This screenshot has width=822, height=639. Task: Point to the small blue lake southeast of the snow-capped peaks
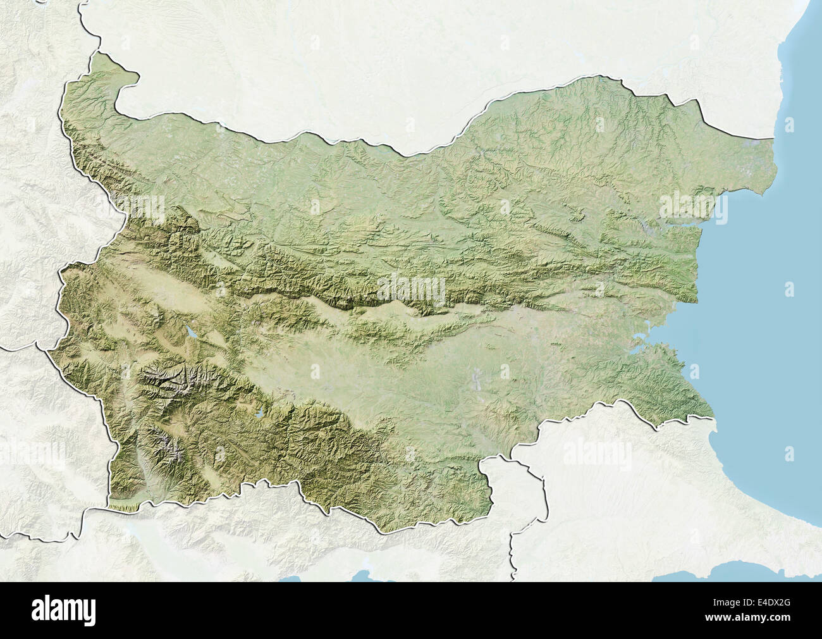[x=259, y=416]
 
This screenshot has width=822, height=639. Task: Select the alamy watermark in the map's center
[x=410, y=287]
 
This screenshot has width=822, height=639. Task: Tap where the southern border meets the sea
[x=713, y=418]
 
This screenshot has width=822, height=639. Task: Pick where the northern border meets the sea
[x=775, y=138]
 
